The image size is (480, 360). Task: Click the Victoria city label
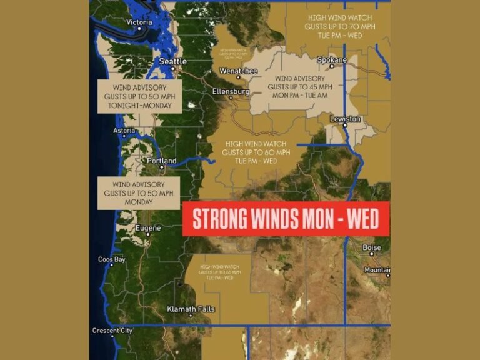[139, 22]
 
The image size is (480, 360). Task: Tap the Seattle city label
[172, 61]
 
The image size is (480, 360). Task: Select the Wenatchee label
[238, 71]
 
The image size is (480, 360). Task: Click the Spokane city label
[331, 60]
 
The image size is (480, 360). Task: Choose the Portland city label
[161, 161]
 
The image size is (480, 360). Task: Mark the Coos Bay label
[112, 259]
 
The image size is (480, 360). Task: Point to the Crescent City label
[112, 331]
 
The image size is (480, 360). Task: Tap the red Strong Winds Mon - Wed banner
[286, 219]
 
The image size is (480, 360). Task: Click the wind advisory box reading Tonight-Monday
[139, 97]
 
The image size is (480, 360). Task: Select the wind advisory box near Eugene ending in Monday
[139, 193]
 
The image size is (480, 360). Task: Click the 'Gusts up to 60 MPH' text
[256, 152]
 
